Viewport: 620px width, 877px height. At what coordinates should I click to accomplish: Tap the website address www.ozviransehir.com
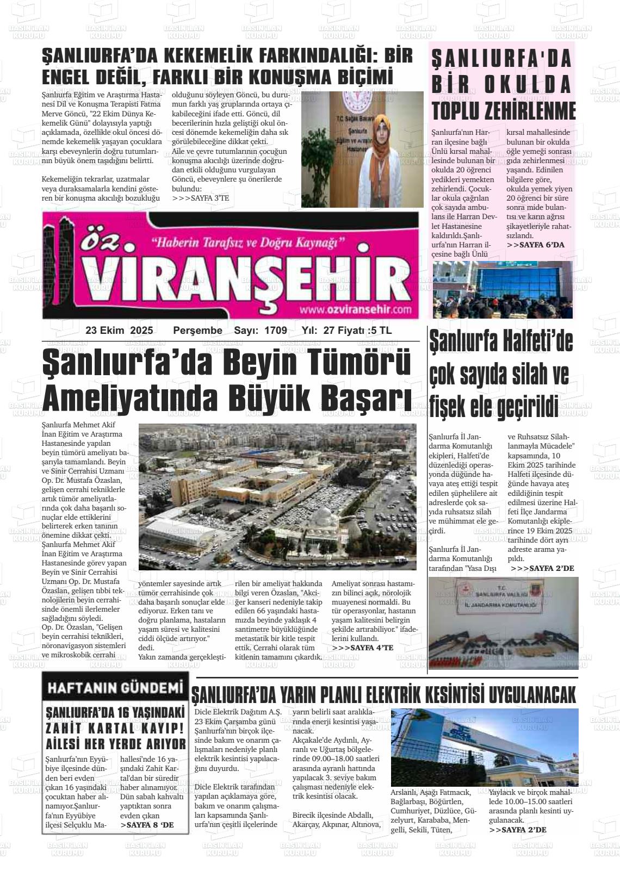tap(355, 310)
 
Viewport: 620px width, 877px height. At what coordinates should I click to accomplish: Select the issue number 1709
tap(275, 331)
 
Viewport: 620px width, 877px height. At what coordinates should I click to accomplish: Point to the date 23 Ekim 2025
tap(119, 331)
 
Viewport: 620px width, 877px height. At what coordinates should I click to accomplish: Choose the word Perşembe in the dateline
tap(197, 331)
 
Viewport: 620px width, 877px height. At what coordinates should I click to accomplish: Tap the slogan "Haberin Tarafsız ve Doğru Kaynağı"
tap(249, 241)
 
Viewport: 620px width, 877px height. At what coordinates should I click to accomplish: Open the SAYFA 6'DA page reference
tap(536, 245)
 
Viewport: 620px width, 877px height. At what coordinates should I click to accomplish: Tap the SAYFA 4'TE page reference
tap(362, 648)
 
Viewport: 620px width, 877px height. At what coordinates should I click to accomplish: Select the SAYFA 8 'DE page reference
tap(147, 825)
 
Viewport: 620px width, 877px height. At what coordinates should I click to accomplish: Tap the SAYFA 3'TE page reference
tap(200, 198)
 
